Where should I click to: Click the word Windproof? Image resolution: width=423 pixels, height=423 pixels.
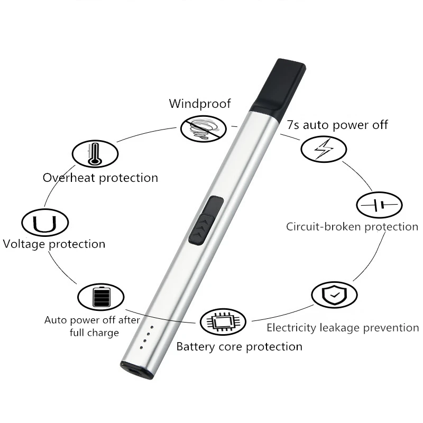point(200,103)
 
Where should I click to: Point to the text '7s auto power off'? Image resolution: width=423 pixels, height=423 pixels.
point(337,125)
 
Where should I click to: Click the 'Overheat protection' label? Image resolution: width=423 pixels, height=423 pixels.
point(100,178)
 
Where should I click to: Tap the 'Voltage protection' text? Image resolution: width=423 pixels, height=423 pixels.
point(54,244)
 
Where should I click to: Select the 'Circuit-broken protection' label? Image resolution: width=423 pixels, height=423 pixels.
point(352,227)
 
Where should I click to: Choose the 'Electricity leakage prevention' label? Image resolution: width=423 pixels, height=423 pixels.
point(343,328)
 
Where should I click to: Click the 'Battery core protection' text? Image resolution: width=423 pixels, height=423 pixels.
point(239,347)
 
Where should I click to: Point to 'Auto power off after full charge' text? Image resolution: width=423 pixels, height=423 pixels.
point(93,326)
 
